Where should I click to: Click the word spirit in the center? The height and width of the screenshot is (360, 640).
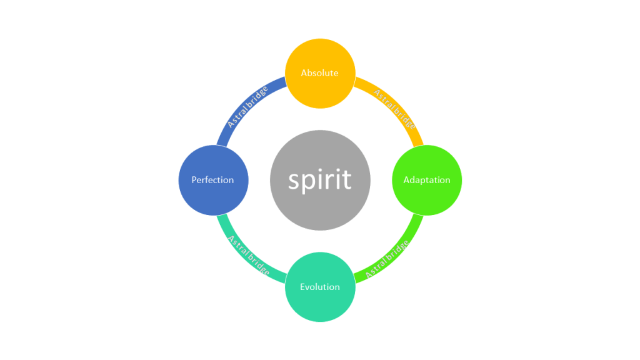320,180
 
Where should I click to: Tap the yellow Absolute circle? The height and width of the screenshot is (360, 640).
320,87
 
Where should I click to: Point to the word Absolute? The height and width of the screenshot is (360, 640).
320,73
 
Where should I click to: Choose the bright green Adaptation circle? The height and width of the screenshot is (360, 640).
427,194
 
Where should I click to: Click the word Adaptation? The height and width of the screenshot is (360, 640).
427,180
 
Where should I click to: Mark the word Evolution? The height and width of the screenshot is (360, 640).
320,287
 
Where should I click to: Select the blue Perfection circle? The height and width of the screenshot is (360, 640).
214,194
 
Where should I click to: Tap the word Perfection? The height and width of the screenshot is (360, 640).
214,180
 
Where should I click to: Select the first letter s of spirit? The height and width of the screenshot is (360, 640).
294,181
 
